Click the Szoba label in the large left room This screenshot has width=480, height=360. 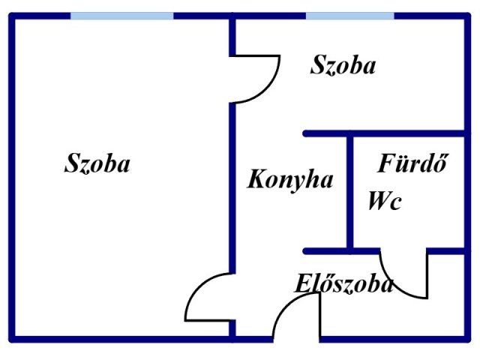(x=97, y=163)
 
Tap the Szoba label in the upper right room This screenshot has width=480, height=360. (x=343, y=64)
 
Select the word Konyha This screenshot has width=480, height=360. (x=290, y=180)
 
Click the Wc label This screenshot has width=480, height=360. (x=385, y=201)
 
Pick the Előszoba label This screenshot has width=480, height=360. (x=344, y=283)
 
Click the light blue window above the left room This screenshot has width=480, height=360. (x=121, y=16)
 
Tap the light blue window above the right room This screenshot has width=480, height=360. (x=350, y=16)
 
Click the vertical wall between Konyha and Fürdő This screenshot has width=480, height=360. (x=350, y=192)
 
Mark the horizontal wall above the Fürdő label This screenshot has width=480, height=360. (x=385, y=133)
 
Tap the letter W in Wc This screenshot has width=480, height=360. (x=379, y=201)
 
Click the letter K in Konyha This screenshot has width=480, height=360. (x=256, y=178)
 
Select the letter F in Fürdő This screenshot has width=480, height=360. (x=387, y=163)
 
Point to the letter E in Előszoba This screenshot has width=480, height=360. (x=303, y=283)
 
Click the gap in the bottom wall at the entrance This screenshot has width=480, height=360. (x=295, y=339)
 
